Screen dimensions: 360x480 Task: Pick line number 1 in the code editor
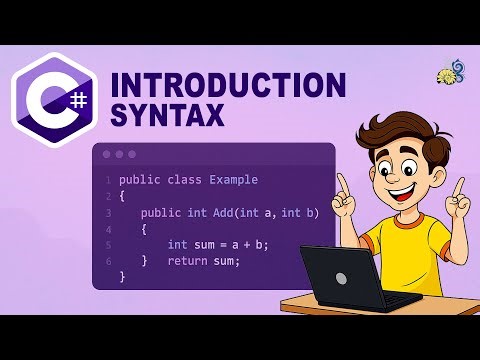point(107,180)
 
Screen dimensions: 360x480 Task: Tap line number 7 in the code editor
point(107,277)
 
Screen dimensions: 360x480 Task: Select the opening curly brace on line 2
point(122,196)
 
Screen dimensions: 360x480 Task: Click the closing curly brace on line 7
point(122,277)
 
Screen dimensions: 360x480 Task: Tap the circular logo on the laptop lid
point(341,278)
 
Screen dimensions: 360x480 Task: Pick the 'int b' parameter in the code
point(297,212)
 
